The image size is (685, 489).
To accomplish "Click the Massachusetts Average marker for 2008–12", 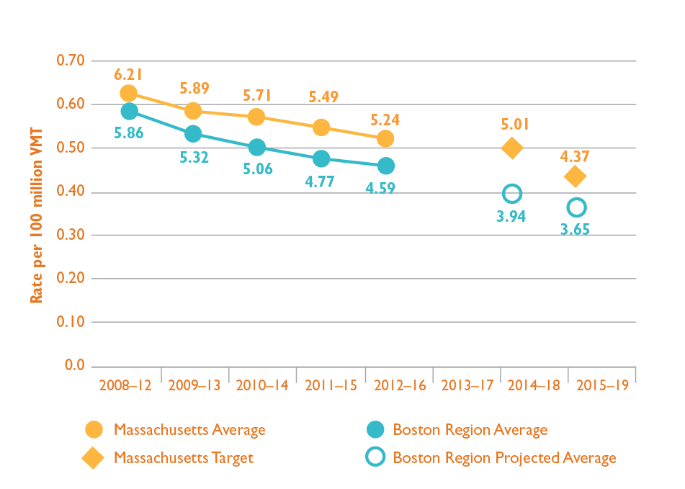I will [129, 93].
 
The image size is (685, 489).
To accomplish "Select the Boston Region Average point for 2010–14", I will [257, 147].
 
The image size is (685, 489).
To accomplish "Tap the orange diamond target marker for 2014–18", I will [512, 148].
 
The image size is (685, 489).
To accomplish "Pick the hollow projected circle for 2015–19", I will [576, 207].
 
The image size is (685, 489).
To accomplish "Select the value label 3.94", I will [511, 215].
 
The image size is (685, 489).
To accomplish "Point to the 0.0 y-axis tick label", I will [75, 365].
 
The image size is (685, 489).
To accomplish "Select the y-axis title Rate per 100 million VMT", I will [37, 216].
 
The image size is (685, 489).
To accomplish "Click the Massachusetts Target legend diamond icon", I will [94, 458].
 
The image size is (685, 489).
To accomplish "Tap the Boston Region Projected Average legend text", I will [504, 458].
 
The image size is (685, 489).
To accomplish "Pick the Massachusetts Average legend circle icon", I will [94, 430].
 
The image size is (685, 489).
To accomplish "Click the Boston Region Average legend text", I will [470, 430].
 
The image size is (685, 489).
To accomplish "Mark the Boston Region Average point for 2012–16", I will [385, 166].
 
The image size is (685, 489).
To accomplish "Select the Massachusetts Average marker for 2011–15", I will [321, 127].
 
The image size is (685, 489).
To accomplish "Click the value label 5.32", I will [193, 156].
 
